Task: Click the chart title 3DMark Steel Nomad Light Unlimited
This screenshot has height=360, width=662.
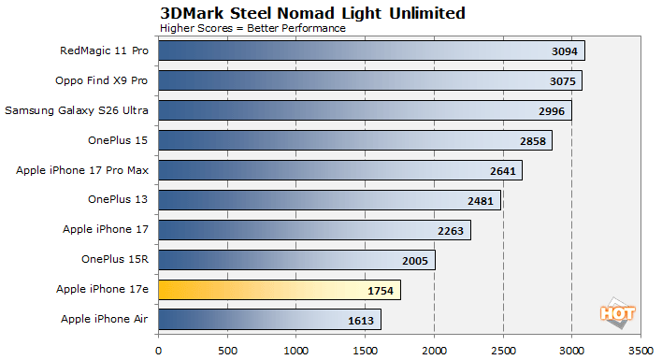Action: pos(312,12)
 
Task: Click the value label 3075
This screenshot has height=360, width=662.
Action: pos(561,80)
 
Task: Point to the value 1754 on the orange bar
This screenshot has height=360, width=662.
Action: pos(380,290)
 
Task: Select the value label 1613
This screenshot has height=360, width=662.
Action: pos(360,320)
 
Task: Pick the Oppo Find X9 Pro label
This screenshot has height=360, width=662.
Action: pos(108,80)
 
